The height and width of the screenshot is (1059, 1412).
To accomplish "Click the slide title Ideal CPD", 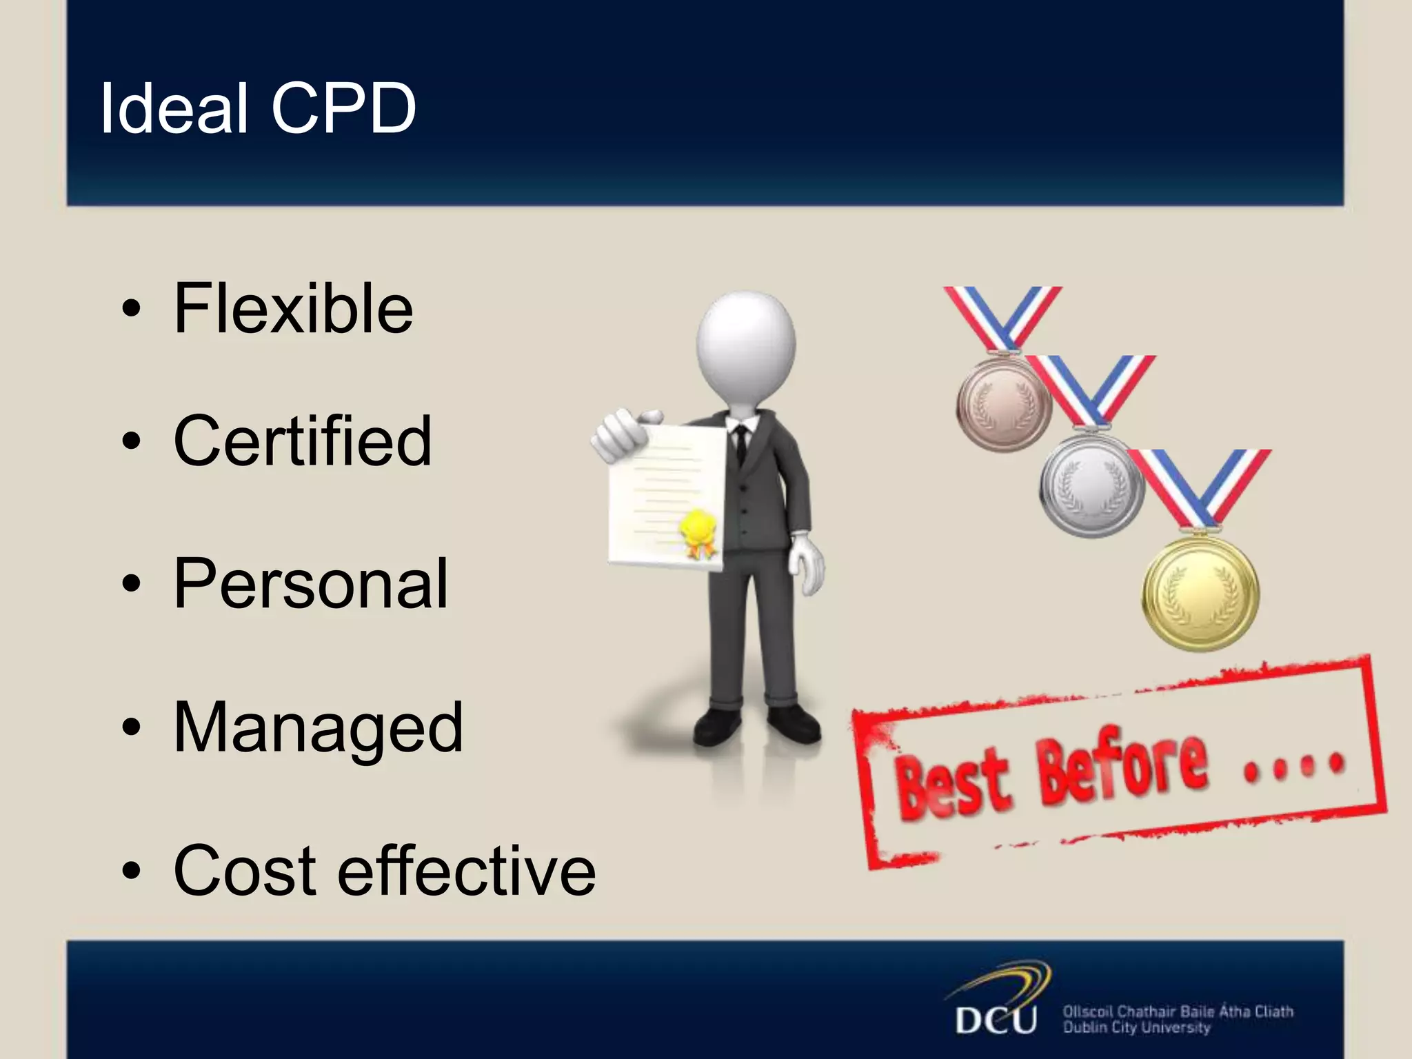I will click(x=258, y=108).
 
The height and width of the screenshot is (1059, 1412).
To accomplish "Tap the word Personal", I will click(x=311, y=583).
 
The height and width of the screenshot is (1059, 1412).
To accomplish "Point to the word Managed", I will click(x=319, y=727).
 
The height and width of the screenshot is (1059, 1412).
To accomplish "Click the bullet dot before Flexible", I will click(x=130, y=310).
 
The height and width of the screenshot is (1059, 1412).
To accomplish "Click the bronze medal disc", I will click(x=1003, y=403).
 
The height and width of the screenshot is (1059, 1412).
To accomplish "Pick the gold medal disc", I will click(x=1200, y=593).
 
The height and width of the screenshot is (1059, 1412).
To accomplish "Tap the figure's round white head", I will click(x=746, y=348).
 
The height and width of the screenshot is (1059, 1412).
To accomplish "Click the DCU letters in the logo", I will click(x=996, y=1020).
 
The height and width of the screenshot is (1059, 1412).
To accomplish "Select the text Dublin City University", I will click(x=1136, y=1028).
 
